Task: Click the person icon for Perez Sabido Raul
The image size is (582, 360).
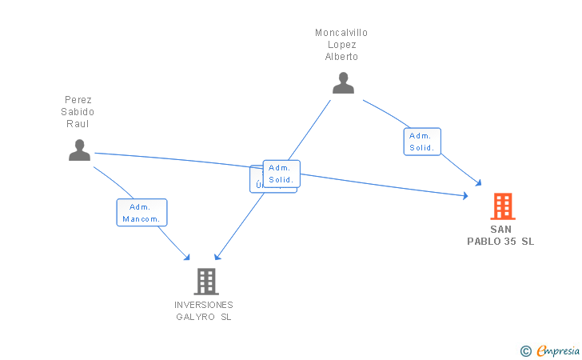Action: click(79, 150)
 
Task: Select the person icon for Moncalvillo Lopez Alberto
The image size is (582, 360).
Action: click(343, 82)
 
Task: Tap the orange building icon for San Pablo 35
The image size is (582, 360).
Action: click(502, 206)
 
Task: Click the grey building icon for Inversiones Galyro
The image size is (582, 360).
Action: click(205, 281)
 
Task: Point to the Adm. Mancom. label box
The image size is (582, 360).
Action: click(142, 213)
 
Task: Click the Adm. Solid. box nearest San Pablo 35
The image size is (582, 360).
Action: click(421, 142)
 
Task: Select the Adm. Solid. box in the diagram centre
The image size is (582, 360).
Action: click(281, 174)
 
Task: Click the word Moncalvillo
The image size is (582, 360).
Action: click(341, 33)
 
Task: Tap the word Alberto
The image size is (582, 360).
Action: click(341, 57)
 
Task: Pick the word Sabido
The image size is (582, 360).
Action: click(78, 112)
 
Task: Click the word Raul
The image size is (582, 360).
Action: click(78, 124)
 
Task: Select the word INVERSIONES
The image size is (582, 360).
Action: click(204, 305)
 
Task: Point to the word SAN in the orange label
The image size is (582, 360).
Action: click(501, 229)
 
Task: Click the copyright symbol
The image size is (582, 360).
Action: click(525, 350)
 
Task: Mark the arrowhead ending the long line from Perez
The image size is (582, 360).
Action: click(465, 195)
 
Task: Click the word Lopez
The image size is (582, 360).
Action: click(341, 45)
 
